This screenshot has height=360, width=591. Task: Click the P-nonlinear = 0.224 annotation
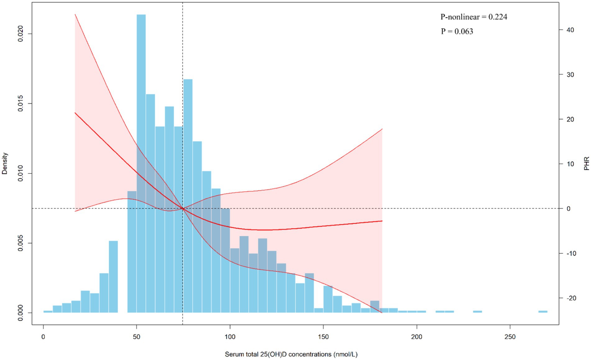473,17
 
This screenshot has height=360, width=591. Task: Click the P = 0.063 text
457,31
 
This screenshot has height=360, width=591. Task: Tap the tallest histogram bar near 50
141,155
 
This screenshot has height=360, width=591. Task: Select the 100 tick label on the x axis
230,337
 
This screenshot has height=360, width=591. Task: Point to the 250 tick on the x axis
510,337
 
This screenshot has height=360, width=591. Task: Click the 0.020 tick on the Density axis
21,34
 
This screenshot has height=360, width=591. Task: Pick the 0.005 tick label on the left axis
21,243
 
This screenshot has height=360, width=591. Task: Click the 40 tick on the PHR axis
570,30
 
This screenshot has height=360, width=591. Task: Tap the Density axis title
5,163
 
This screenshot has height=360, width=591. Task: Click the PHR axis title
586,163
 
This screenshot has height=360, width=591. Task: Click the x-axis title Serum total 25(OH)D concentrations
291,354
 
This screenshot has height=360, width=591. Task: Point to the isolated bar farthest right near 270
543,312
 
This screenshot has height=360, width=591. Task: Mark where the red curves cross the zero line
183,209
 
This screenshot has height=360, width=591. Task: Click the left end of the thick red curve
75,113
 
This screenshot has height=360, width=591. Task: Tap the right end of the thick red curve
382,221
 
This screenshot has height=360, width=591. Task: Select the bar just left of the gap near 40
113,277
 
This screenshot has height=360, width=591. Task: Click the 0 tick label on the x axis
43,337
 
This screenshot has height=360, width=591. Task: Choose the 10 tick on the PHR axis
570,164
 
